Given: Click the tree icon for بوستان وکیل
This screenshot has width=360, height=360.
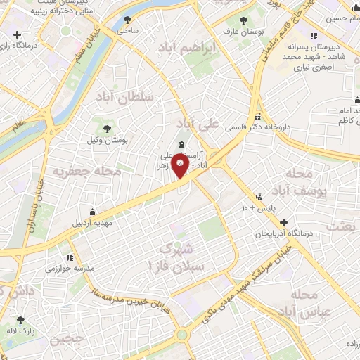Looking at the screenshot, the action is (107, 128).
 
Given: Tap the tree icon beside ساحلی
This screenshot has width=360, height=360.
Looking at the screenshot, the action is (127, 20).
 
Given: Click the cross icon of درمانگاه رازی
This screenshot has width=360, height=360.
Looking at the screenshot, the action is (18, 34).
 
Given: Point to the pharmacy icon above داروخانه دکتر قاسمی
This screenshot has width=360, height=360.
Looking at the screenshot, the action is (258, 117).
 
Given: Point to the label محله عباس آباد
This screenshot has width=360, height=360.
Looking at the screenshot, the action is (309, 302).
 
